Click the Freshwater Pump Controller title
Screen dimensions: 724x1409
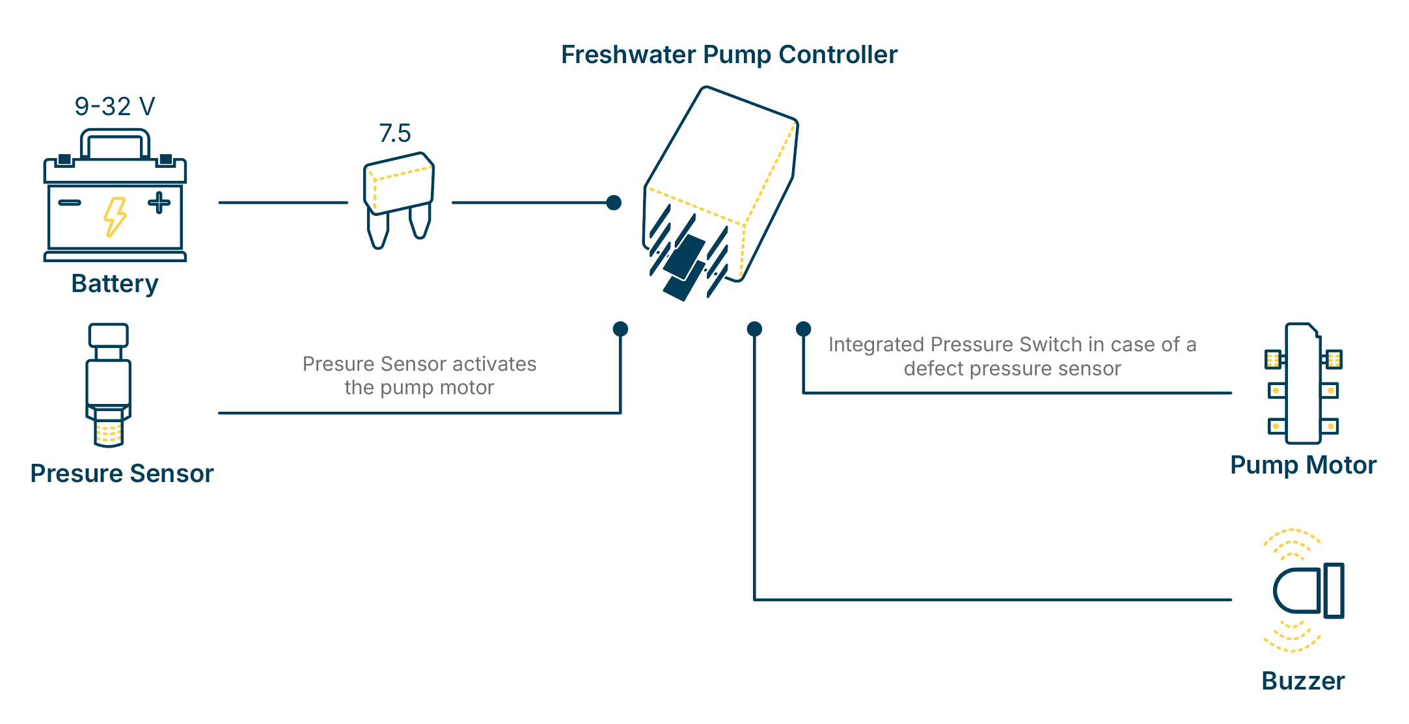point(729,55)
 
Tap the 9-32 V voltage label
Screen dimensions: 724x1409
point(115,107)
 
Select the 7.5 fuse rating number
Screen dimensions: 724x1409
point(395,133)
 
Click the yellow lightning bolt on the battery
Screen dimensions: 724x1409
point(115,217)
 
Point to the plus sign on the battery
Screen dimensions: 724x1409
point(159,202)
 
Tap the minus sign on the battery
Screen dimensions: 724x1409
point(70,202)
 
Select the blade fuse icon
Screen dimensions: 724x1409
point(398,195)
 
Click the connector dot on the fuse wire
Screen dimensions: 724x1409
point(614,202)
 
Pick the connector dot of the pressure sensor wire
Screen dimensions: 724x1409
point(620,328)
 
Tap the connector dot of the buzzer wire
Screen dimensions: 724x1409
point(754,328)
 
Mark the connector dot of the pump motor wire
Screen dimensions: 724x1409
point(803,328)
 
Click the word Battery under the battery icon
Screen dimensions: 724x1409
point(115,284)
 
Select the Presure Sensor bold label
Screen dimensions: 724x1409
point(122,474)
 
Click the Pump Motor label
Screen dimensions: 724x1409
point(1303,465)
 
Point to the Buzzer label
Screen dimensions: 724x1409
point(1303,681)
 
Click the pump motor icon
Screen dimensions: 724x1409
point(1303,384)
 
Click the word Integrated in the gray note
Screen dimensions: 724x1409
point(876,344)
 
